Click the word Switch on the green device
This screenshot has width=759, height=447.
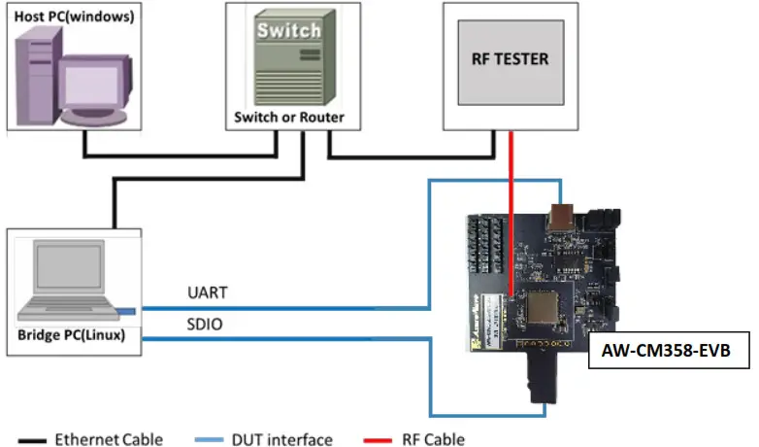pos(288,30)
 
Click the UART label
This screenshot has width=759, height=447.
pos(204,292)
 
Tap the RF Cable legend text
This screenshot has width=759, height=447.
pos(432,439)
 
